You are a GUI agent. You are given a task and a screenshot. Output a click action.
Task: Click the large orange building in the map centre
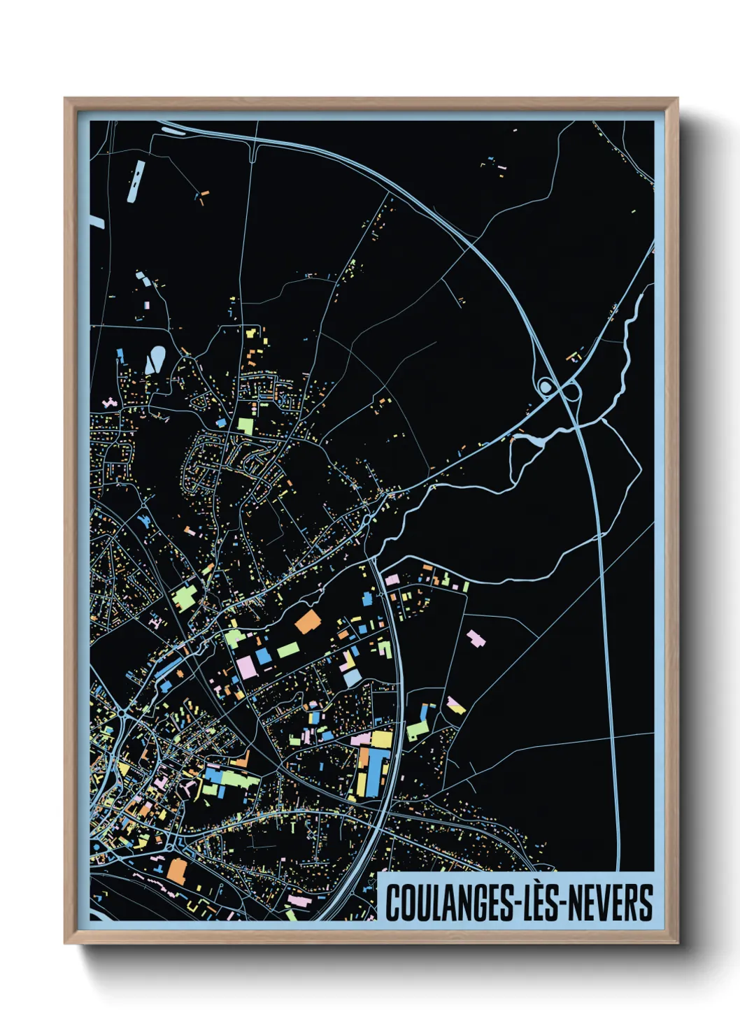tap(306, 621)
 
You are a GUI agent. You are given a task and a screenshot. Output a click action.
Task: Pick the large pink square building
tap(246, 666)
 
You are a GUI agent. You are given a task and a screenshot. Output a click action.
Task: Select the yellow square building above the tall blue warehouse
tap(381, 739)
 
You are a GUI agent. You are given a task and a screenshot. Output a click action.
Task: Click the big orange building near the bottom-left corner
tap(177, 871)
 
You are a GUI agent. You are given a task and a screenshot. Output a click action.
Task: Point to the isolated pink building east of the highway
tap(476, 638)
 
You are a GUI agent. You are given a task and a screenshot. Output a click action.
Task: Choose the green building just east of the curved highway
tap(418, 730)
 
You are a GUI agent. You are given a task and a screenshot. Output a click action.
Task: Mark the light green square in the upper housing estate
tap(245, 426)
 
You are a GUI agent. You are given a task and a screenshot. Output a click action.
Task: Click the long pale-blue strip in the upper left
tap(136, 180)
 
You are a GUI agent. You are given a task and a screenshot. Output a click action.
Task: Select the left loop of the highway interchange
tap(545, 385)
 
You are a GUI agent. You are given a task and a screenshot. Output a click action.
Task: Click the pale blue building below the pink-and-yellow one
tap(352, 678)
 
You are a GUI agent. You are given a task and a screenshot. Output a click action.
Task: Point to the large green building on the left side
tap(185, 598)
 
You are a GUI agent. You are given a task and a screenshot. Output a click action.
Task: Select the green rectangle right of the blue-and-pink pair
tap(287, 650)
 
